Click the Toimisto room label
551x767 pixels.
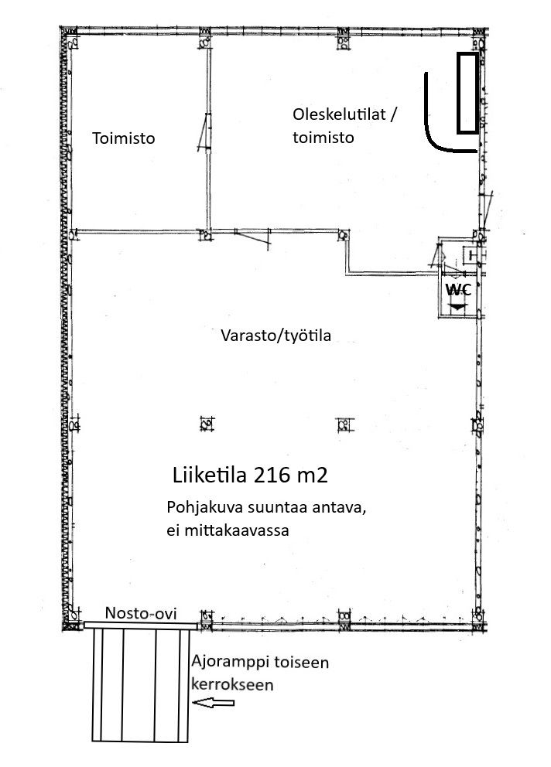123,138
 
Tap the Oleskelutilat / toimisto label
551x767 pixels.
344,126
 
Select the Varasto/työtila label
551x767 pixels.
275,336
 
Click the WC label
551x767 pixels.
458,290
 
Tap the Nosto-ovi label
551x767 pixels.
141,613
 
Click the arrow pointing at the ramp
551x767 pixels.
213,703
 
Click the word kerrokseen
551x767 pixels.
232,683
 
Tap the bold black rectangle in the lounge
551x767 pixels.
467,93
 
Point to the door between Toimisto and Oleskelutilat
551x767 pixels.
206,132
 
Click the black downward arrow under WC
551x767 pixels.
457,307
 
